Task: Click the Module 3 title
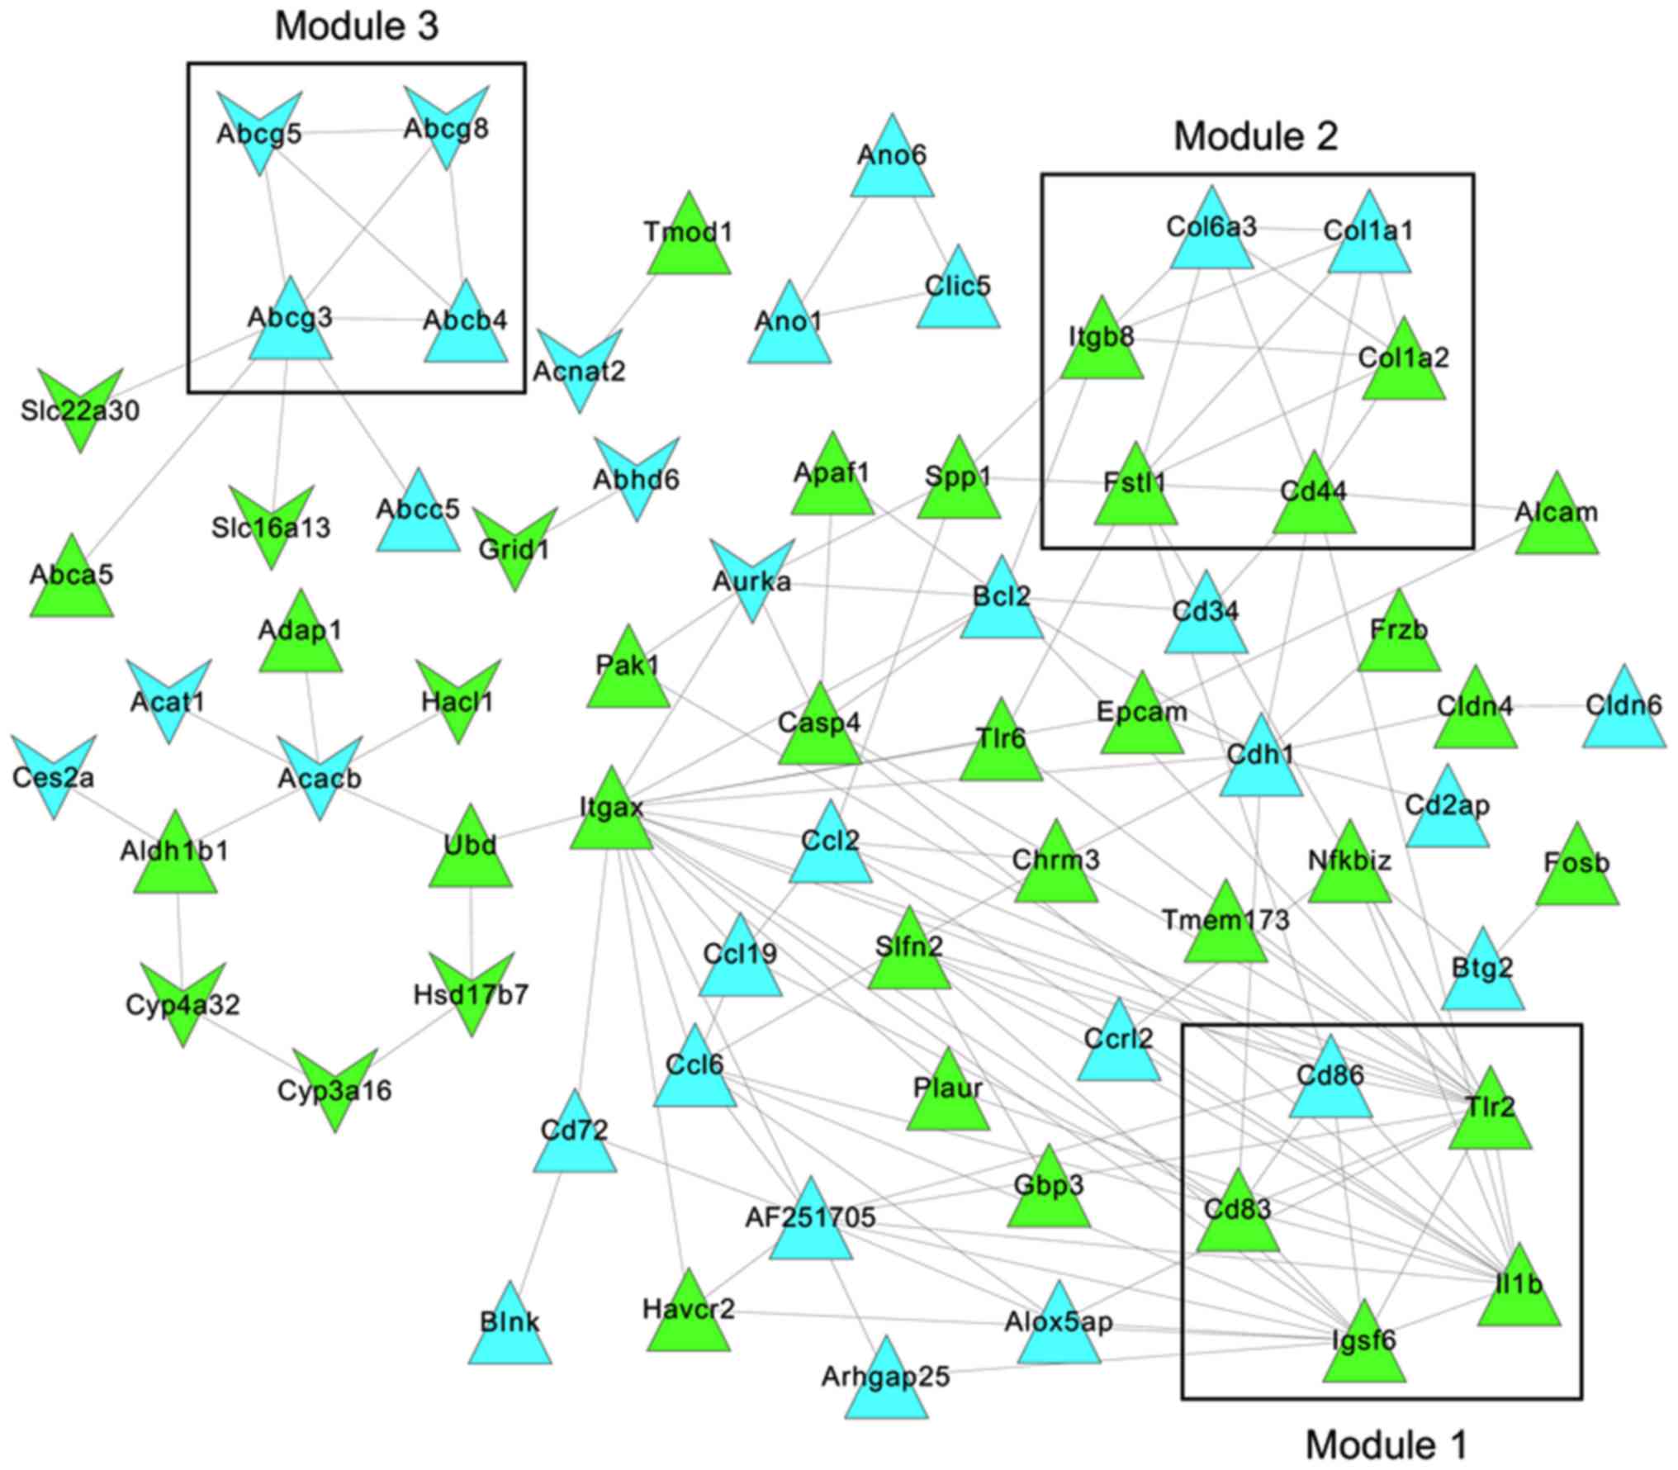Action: click(357, 26)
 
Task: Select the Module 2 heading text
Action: click(1255, 136)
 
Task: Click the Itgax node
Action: click(611, 813)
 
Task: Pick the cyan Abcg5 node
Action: click(259, 128)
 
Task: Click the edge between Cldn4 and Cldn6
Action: click(1548, 707)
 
